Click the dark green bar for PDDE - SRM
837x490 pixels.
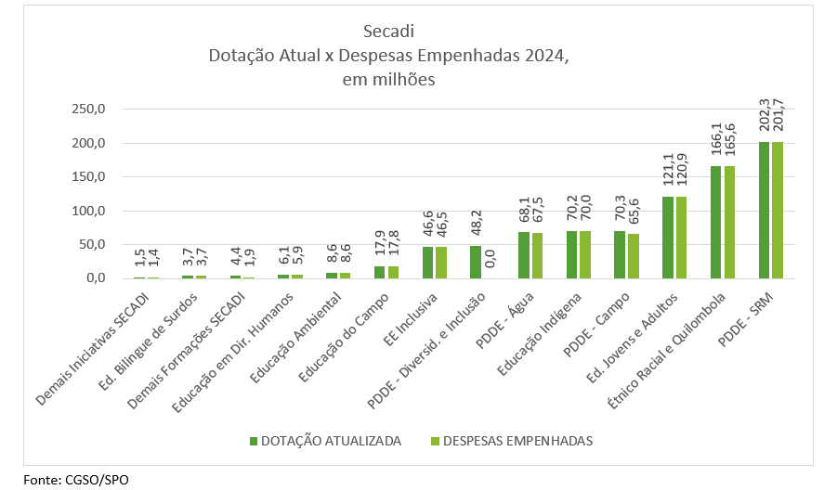tap(765, 211)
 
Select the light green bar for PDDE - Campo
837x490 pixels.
tap(633, 256)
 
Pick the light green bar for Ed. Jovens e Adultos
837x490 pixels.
tap(681, 238)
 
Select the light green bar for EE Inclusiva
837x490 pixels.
tap(440, 263)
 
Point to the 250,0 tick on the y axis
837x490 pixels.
tap(90, 110)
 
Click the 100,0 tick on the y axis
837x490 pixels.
tap(90, 211)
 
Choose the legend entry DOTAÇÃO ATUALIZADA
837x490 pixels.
tap(331, 441)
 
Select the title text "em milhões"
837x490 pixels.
tap(388, 80)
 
